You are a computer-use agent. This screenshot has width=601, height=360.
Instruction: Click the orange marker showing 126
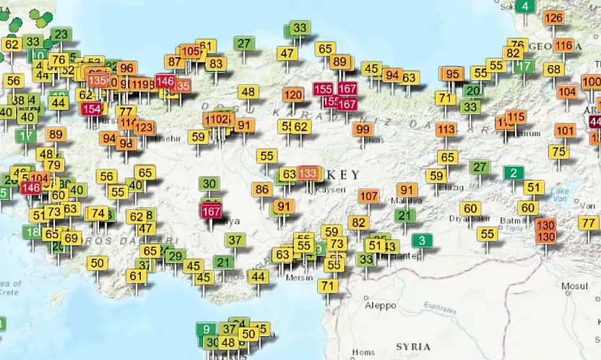(x=553, y=18)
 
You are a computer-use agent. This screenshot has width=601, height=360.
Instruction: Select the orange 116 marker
(x=563, y=46)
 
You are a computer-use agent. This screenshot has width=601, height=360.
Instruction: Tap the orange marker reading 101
(x=565, y=131)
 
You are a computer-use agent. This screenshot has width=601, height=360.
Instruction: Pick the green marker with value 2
(x=514, y=173)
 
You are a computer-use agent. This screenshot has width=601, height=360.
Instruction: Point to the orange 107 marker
(x=368, y=196)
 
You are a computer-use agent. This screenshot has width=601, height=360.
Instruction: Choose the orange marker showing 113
(x=446, y=129)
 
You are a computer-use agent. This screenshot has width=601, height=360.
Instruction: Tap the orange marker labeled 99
(x=363, y=129)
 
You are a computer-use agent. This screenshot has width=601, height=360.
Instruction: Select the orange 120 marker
(x=293, y=95)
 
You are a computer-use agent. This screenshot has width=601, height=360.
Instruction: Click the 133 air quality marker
(x=308, y=173)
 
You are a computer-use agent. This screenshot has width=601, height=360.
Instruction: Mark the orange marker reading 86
(x=261, y=189)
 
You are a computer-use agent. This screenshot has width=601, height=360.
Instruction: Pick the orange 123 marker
(x=144, y=128)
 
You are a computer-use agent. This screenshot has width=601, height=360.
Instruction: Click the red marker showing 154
(x=91, y=109)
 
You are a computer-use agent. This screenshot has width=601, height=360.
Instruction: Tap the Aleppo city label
(x=380, y=305)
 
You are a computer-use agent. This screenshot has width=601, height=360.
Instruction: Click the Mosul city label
(x=576, y=286)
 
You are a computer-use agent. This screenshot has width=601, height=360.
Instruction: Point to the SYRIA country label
(x=413, y=346)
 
